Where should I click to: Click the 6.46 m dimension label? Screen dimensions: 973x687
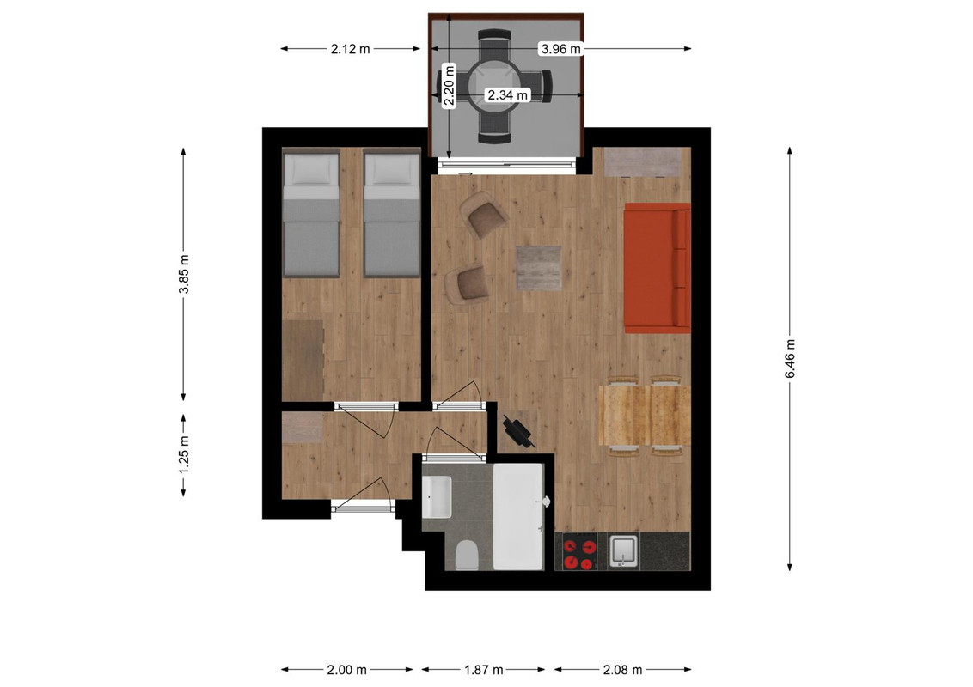(790, 358)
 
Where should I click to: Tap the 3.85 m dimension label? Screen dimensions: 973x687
(184, 274)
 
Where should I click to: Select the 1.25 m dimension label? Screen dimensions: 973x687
(184, 455)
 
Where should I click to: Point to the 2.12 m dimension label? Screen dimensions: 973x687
(350, 48)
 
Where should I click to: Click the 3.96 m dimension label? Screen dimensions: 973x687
(561, 48)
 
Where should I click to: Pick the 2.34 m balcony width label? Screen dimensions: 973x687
(508, 94)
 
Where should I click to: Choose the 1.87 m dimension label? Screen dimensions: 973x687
(483, 670)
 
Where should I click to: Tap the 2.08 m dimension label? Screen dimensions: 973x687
(622, 670)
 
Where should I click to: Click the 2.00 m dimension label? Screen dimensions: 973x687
(346, 670)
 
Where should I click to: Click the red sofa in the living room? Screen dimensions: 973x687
(658, 268)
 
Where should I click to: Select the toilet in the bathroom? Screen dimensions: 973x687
(466, 555)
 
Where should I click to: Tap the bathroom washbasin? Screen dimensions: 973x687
(437, 496)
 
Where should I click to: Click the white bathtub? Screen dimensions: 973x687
(519, 517)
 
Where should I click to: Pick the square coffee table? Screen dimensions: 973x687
(539, 268)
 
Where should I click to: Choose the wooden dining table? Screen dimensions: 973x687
(645, 416)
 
